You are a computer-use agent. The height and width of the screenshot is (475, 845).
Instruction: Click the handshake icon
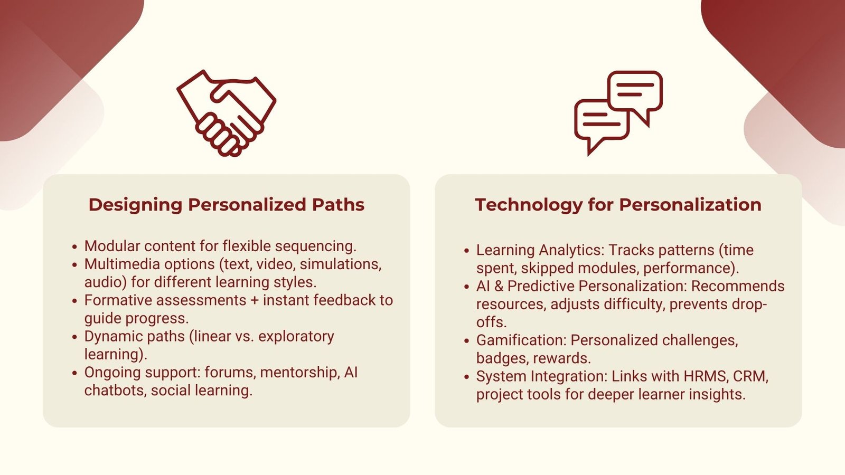point(226,113)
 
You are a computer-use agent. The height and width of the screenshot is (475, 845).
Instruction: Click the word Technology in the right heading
point(528,205)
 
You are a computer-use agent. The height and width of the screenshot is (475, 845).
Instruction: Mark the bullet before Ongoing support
point(74,373)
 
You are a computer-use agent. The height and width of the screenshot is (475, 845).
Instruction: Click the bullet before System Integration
point(466,377)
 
